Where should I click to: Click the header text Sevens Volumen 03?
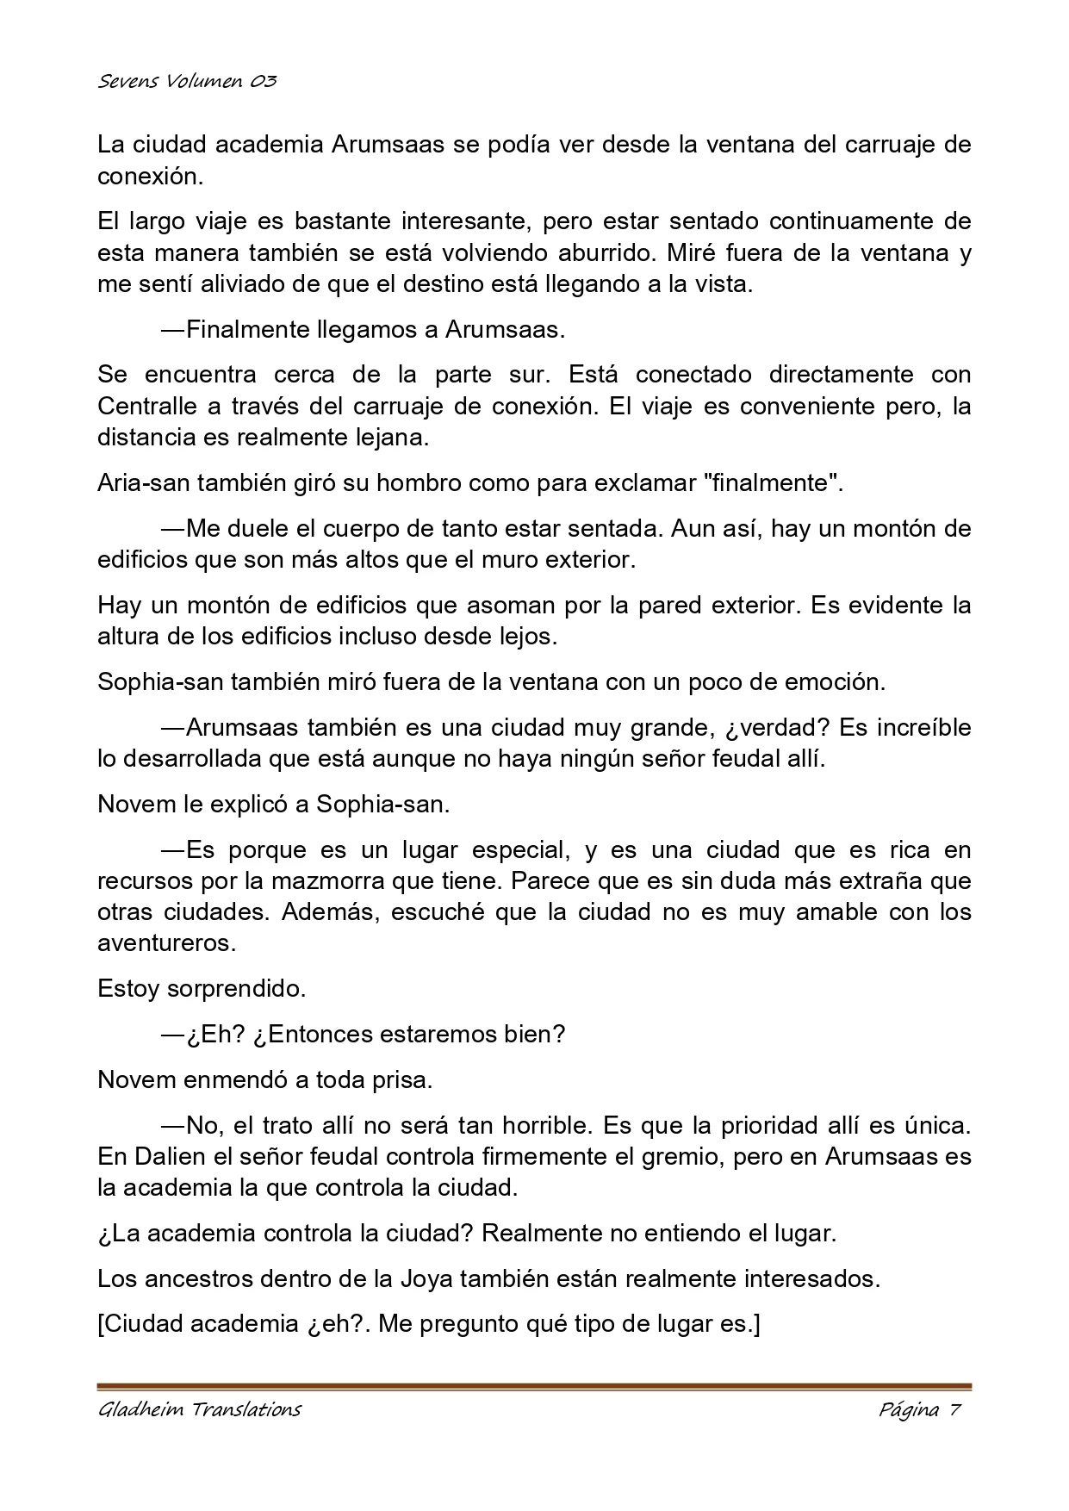187,82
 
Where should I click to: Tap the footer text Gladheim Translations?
199,1410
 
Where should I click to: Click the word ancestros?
202,1278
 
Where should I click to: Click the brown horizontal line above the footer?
534,1386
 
